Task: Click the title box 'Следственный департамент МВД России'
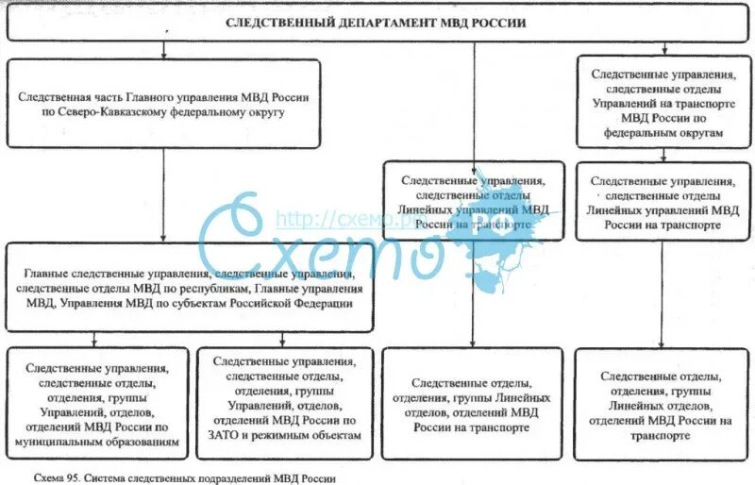click(377, 25)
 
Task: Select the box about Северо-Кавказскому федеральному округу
click(164, 104)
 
